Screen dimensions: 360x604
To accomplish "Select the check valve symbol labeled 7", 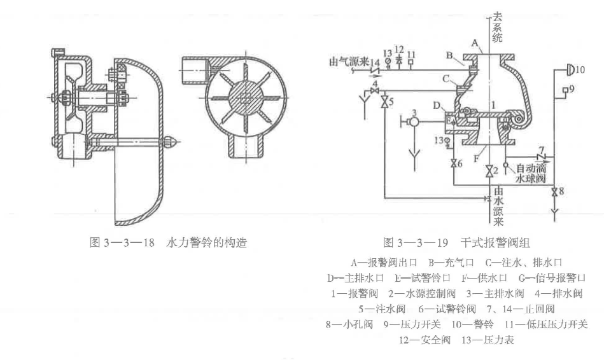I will coord(541,156).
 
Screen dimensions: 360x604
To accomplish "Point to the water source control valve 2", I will coord(488,172).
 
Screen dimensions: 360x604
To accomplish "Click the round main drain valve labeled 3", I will coord(414,121).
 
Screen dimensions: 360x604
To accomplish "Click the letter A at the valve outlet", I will coord(474,42).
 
